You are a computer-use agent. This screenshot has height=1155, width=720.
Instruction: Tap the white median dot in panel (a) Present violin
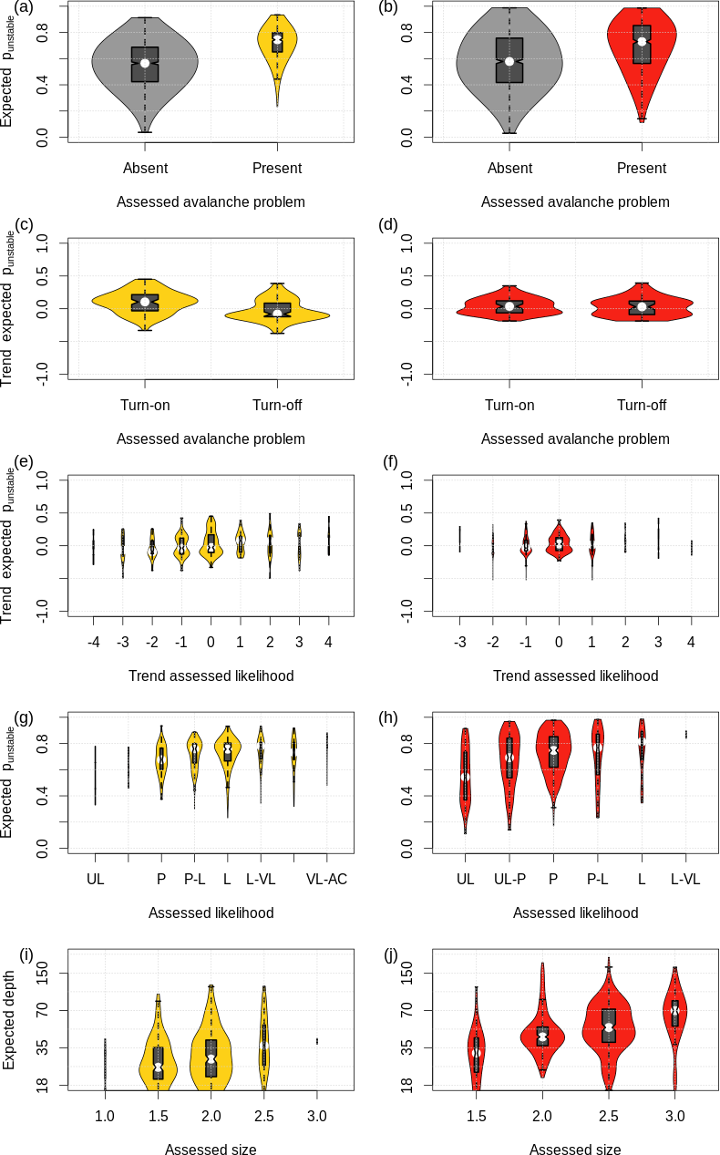277,38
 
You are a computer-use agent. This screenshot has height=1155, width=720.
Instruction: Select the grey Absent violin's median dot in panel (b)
509,61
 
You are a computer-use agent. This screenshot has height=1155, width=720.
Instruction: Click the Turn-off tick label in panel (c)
277,405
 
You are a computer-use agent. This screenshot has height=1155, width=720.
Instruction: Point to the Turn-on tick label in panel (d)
509,405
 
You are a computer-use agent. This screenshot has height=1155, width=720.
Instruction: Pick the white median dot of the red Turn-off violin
642,306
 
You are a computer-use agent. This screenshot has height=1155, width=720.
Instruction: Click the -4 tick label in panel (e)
93,642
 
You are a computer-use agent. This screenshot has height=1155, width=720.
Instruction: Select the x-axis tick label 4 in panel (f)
691,642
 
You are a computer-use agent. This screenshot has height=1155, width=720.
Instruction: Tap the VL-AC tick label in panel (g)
326,879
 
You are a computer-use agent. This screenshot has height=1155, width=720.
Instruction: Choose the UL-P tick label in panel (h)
509,879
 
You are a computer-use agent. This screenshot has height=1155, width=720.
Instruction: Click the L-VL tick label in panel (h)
685,879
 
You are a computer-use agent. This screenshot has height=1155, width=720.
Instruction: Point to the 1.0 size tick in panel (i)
105,1116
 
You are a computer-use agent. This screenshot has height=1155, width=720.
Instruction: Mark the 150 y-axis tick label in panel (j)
405,973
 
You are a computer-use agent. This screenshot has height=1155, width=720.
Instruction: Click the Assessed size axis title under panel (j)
574,1149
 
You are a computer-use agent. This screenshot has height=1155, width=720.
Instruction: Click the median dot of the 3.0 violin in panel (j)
675,1009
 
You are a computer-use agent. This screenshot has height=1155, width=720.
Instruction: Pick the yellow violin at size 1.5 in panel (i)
158,1057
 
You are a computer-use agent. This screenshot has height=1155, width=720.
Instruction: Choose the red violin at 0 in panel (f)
559,544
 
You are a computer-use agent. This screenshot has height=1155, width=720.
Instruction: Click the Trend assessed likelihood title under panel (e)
210,675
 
